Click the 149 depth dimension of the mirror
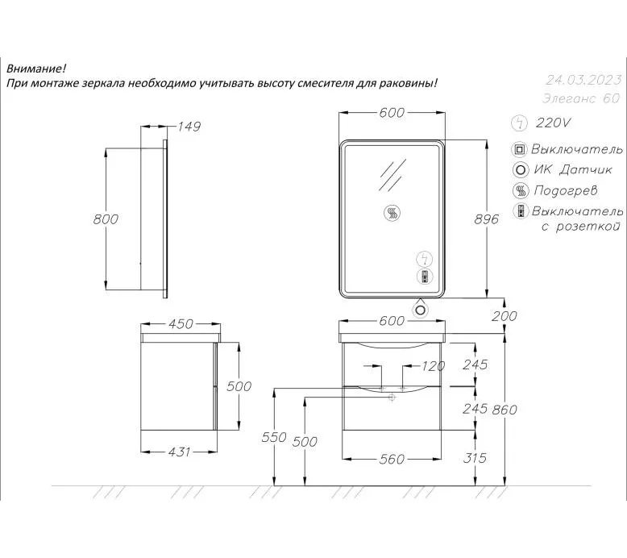tap(189, 127)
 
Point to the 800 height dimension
tap(106, 219)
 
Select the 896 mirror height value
tap(486, 219)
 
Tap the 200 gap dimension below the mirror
tap(505, 316)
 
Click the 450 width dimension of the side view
tap(181, 323)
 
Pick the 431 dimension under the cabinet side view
tap(179, 452)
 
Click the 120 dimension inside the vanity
tap(434, 365)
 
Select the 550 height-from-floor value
tap(274, 437)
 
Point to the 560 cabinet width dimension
tap(392, 459)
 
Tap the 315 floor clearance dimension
tap(475, 457)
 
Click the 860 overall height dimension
tap(505, 410)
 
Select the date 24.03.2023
tap(583, 80)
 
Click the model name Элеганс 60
tap(581, 98)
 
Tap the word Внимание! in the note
tap(36, 69)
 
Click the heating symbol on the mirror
tap(392, 212)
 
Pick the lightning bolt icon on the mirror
tap(425, 259)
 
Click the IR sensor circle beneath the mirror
tap(420, 310)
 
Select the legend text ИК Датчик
tap(573, 169)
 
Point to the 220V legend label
tap(554, 123)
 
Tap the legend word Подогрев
tap(566, 190)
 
